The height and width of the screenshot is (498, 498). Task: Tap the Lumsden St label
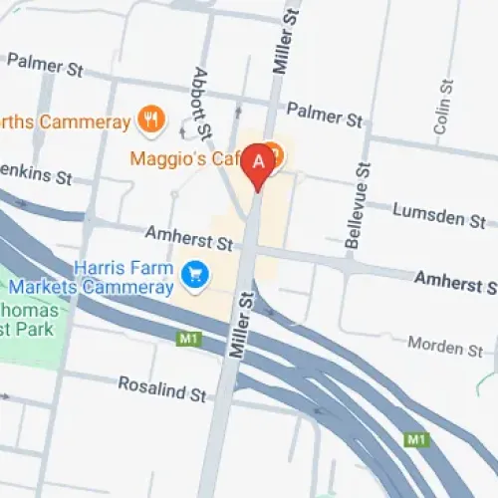tap(438, 213)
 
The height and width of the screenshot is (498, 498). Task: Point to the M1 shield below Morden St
tap(415, 438)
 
